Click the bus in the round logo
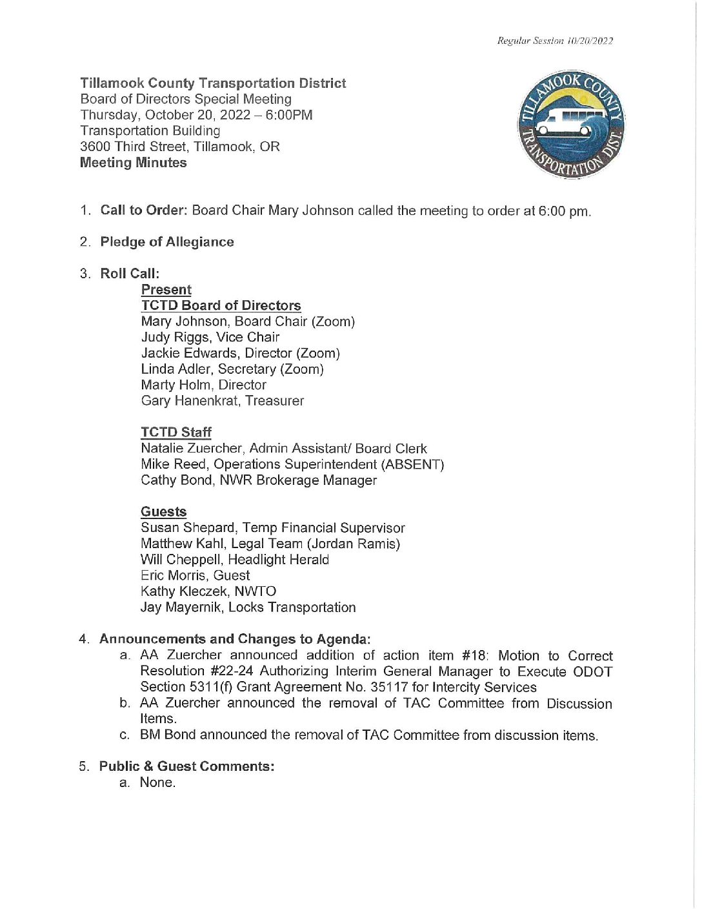(563, 123)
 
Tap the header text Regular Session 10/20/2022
(555, 41)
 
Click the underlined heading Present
(166, 290)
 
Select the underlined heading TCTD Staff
(176, 433)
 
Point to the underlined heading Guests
(164, 512)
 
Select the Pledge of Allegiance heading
(167, 242)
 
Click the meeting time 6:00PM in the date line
(289, 116)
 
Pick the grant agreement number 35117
(389, 688)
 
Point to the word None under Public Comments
(157, 782)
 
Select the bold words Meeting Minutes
(134, 163)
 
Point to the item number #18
(475, 656)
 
